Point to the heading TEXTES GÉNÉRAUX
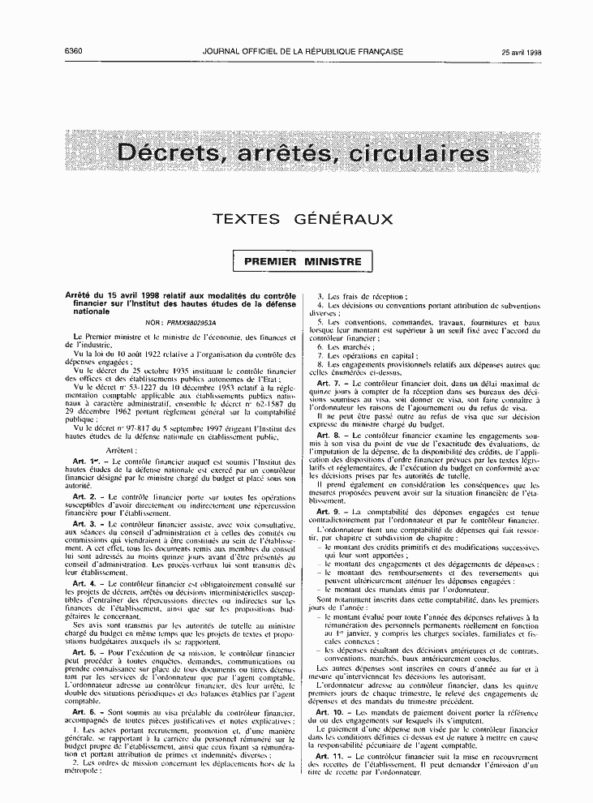(x=302, y=219)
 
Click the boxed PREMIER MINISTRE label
(x=303, y=262)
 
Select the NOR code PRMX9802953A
(x=185, y=322)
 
